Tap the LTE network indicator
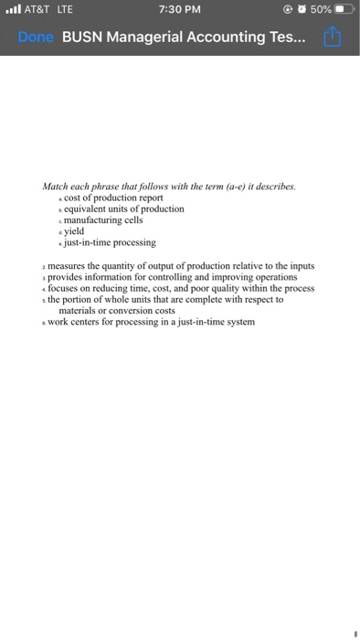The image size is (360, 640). pos(64,9)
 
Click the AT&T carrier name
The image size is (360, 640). pos(37,9)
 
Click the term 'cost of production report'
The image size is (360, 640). pos(113,197)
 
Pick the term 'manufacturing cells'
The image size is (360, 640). pos(103,219)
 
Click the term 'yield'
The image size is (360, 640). pos(74,231)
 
